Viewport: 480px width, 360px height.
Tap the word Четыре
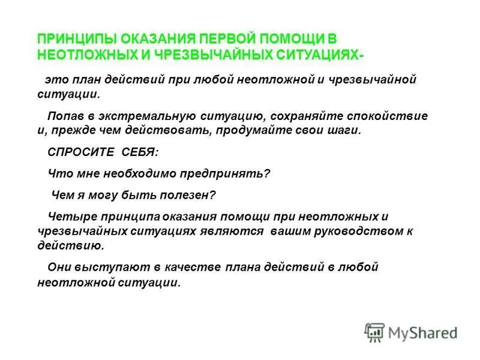coord(69,216)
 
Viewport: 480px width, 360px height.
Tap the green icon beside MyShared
coord(374,332)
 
